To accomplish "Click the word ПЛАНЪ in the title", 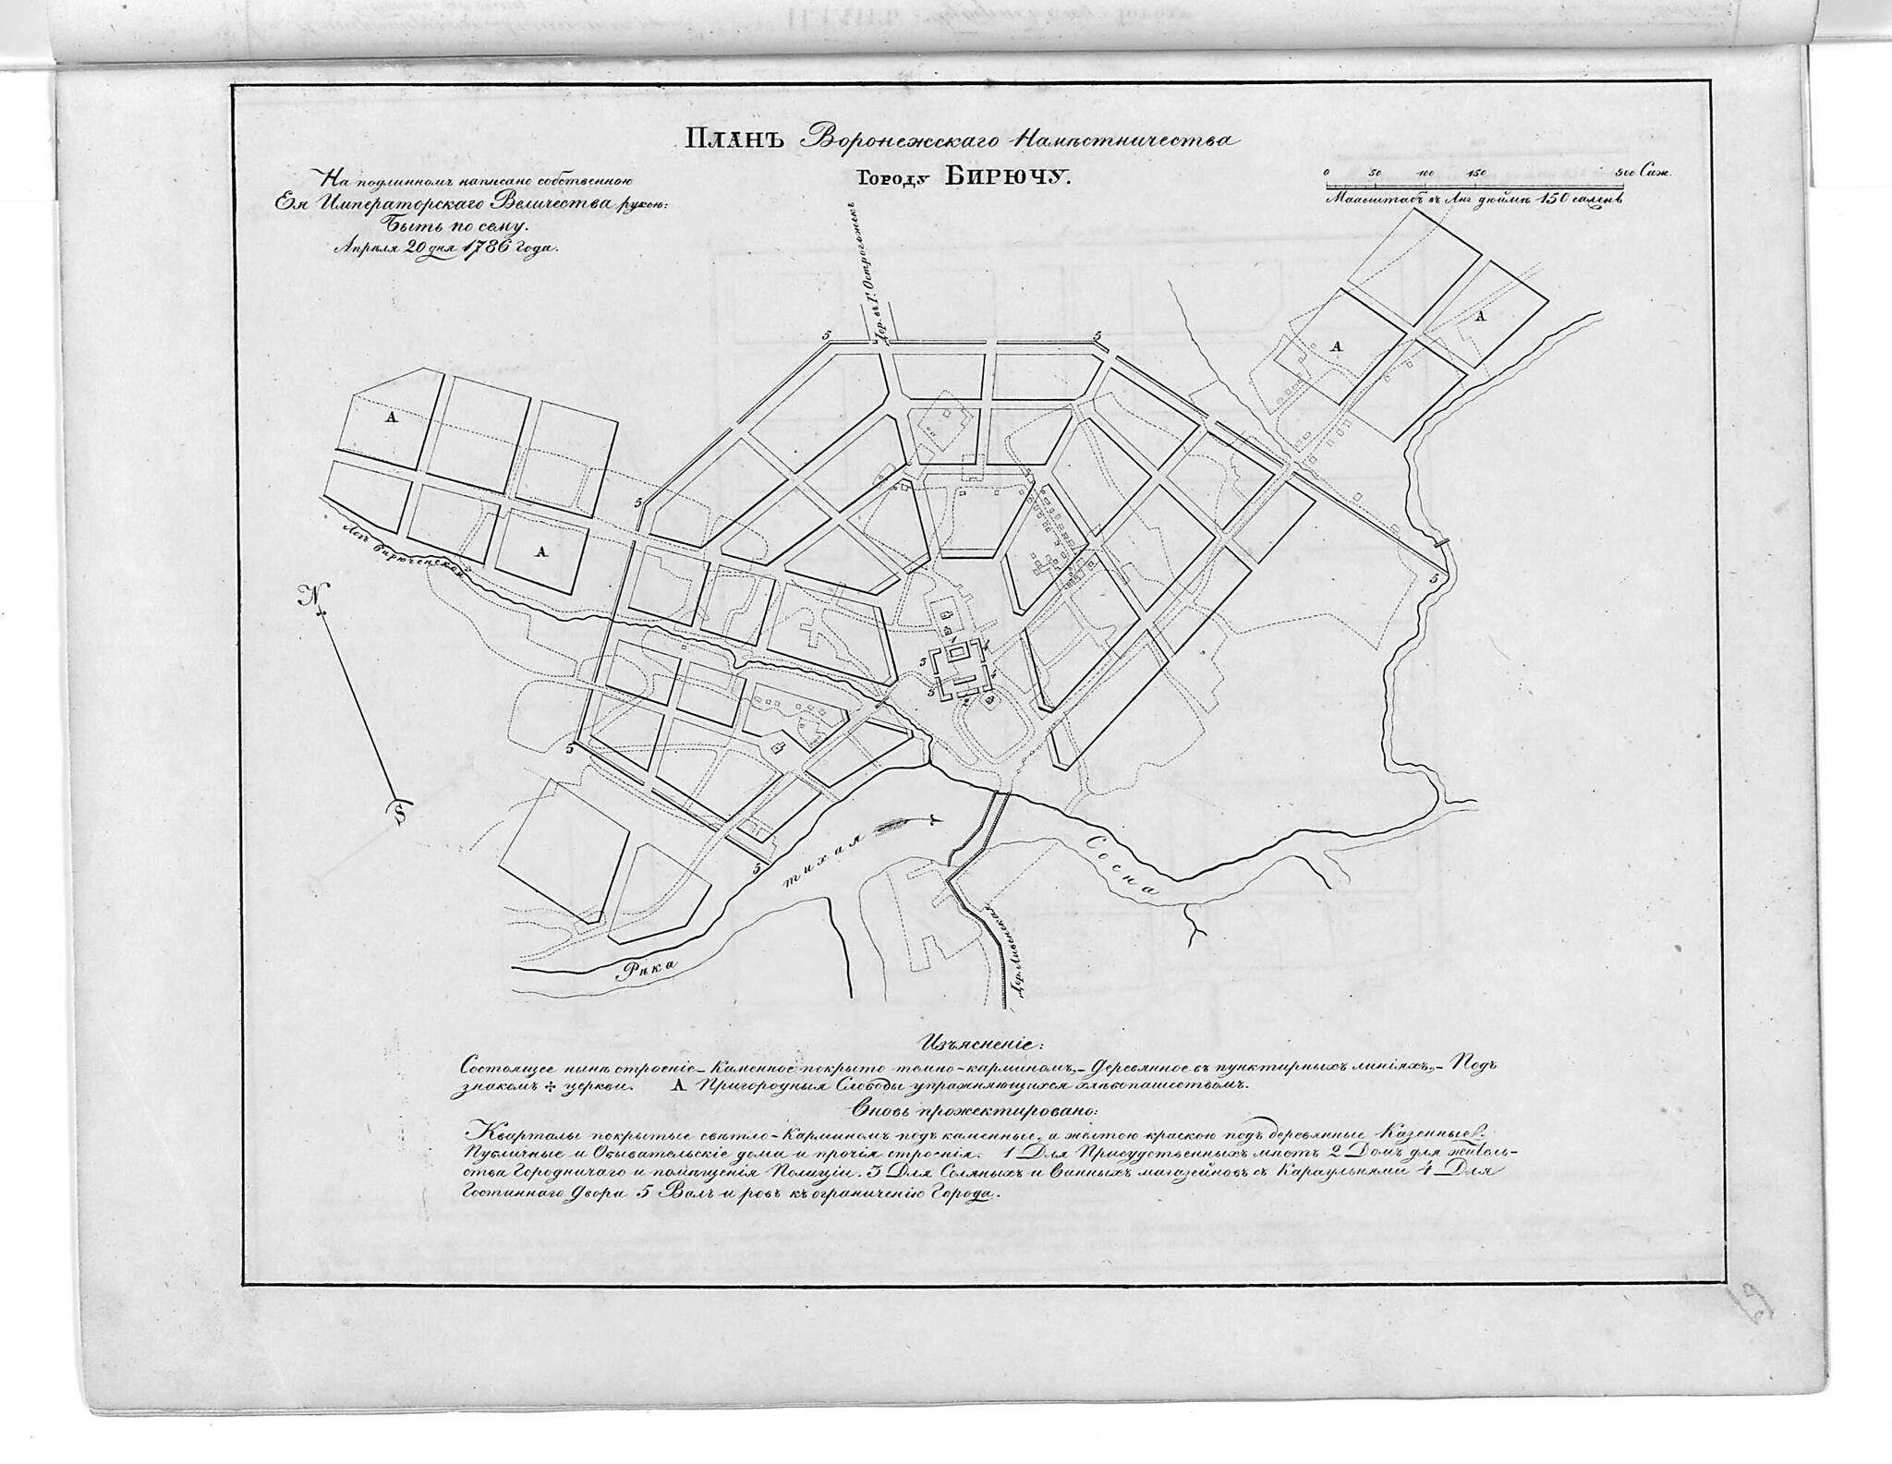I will (x=734, y=141).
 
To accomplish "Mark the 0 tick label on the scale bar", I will (x=1326, y=173).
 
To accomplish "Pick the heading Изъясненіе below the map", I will (x=978, y=1045).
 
